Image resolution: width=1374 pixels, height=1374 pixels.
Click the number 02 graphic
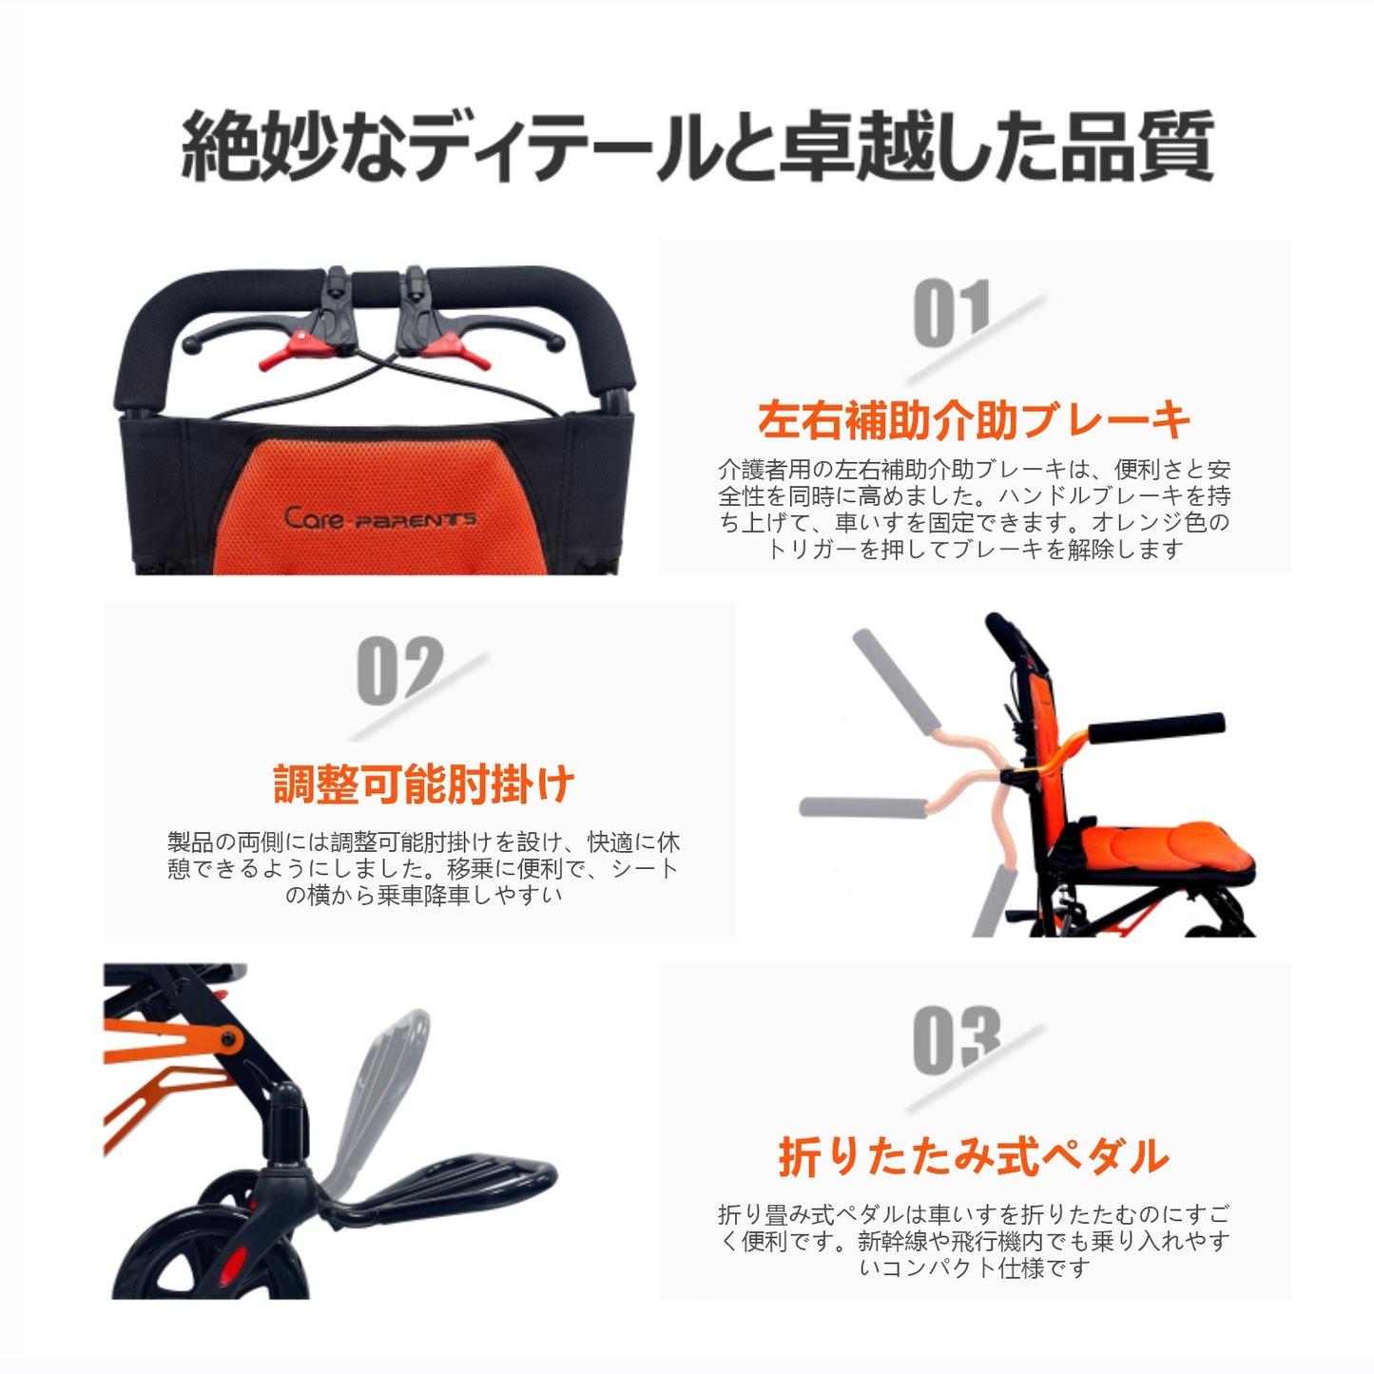tap(399, 669)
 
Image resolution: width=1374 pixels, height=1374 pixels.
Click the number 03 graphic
tap(957, 1040)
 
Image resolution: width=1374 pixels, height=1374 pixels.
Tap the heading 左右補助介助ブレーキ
tap(974, 420)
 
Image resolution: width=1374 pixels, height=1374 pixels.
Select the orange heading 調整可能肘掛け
tap(423, 784)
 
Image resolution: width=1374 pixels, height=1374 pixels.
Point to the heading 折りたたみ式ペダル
tap(974, 1156)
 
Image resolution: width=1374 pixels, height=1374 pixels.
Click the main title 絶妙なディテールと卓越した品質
tap(697, 146)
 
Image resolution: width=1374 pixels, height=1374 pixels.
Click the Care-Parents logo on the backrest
tap(380, 518)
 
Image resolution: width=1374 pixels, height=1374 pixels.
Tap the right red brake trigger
tap(456, 349)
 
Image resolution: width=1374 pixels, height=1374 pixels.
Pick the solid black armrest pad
tap(1155, 727)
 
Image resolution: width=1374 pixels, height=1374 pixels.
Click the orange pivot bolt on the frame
tap(228, 1039)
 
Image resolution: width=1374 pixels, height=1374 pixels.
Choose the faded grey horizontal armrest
tap(862, 807)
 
